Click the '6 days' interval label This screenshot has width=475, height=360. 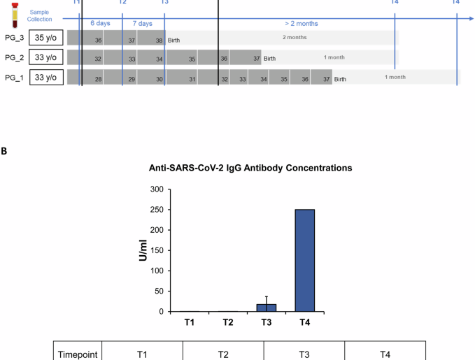coord(101,23)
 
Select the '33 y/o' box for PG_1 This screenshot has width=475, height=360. coord(46,78)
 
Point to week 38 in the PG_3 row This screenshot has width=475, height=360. coord(159,41)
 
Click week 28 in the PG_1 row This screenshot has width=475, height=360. coord(99,79)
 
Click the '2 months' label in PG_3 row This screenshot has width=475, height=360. coord(295,37)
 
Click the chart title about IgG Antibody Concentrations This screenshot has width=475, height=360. coord(250,168)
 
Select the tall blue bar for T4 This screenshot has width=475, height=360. coord(304,260)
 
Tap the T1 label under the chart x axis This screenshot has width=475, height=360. coord(190,322)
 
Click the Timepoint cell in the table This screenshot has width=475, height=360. coord(77,354)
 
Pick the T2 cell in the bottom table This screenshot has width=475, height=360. coord(222,354)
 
